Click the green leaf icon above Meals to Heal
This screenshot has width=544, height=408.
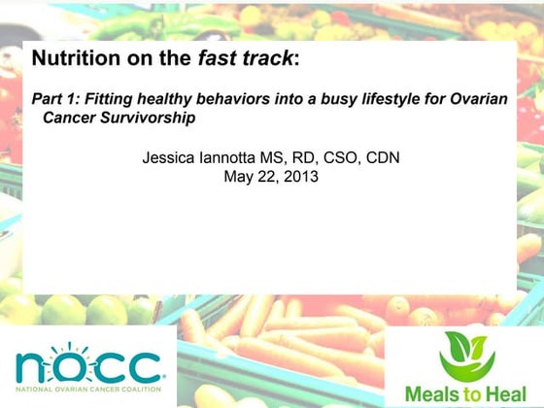(465, 355)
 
